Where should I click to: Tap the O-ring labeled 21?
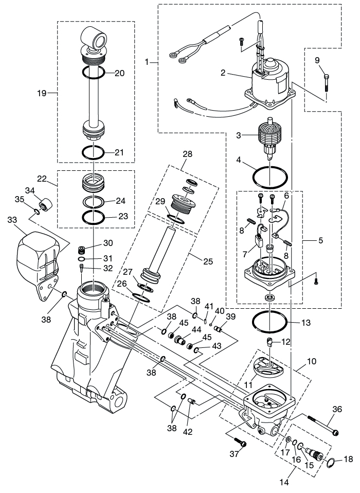tap(94, 153)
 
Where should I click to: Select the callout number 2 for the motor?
tap(223, 73)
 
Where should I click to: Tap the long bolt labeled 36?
tap(321, 424)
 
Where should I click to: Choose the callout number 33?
tap(11, 220)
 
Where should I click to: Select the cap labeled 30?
tap(80, 251)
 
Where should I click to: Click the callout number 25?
tap(208, 261)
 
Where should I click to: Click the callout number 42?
tap(188, 431)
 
